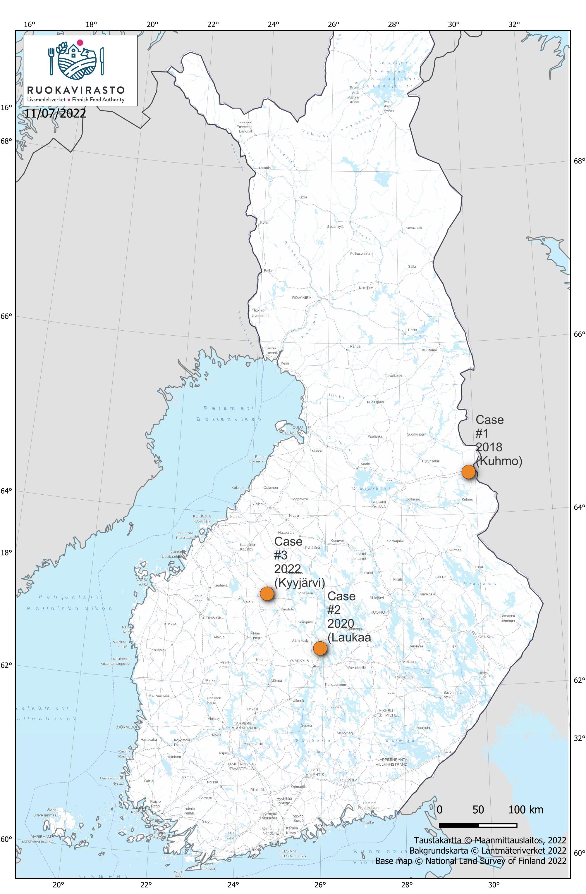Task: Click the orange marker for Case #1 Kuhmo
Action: [x=468, y=472]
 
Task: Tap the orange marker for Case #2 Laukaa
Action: [x=320, y=648]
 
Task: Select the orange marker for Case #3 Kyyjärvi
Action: [x=267, y=593]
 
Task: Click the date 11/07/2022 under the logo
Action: [x=55, y=113]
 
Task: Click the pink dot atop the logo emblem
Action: [x=80, y=42]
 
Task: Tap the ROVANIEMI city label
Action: [x=302, y=298]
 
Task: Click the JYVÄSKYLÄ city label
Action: [x=298, y=660]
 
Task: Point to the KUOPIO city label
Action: [x=378, y=612]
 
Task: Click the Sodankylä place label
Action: [x=335, y=227]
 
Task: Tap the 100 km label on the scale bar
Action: [x=525, y=810]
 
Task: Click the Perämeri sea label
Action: [x=229, y=408]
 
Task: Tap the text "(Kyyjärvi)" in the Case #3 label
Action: [x=300, y=583]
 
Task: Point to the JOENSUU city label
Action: [x=486, y=637]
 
